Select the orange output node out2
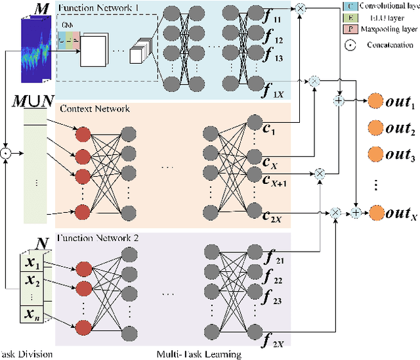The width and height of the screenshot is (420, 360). click(375, 128)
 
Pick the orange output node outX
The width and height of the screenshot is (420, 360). click(375, 212)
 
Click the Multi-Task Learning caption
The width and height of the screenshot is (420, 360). click(199, 354)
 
